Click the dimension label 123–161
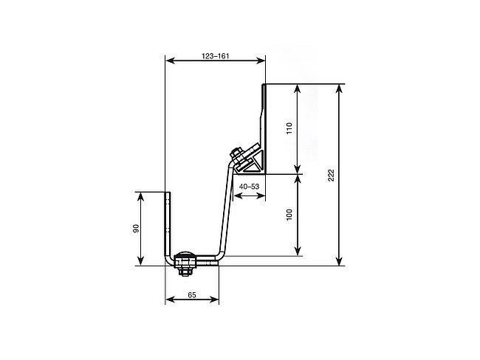click(215, 56)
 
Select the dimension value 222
click(331, 175)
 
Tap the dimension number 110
click(289, 128)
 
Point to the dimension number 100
click(289, 215)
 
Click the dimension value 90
click(136, 228)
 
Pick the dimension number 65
click(192, 295)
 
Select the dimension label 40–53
click(249, 186)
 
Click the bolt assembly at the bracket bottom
click(185, 263)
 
